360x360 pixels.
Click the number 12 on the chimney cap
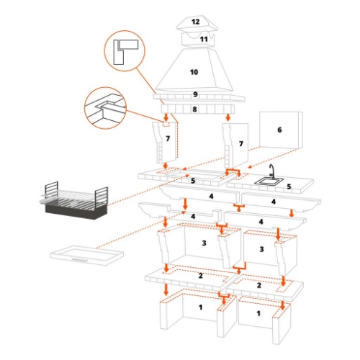pyautogui.click(x=196, y=22)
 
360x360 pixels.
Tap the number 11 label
pyautogui.click(x=204, y=39)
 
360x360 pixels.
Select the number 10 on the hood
pyautogui.click(x=194, y=72)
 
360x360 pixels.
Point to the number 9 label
pyautogui.click(x=195, y=94)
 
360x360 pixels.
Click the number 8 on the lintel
pyautogui.click(x=194, y=109)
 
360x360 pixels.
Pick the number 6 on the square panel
pyautogui.click(x=279, y=130)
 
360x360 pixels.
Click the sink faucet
pyautogui.click(x=272, y=171)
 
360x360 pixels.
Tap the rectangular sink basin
pyautogui.click(x=269, y=181)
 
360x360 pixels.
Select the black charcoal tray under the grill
pyautogui.click(x=76, y=211)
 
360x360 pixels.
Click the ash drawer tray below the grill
pyautogui.click(x=86, y=255)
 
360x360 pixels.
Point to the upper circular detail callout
pyautogui.click(x=125, y=51)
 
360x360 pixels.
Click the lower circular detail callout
pyautogui.click(x=105, y=108)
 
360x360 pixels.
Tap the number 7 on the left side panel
pyautogui.click(x=168, y=138)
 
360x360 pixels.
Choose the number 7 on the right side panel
pyautogui.click(x=241, y=143)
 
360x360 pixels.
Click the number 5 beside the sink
pyautogui.click(x=289, y=186)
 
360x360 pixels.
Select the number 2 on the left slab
pyautogui.click(x=201, y=276)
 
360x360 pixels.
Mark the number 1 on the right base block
pyautogui.click(x=258, y=313)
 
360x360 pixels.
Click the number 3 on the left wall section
pyautogui.click(x=204, y=243)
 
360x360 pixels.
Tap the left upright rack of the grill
pyautogui.click(x=51, y=189)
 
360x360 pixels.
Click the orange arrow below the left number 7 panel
pyautogui.click(x=165, y=166)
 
